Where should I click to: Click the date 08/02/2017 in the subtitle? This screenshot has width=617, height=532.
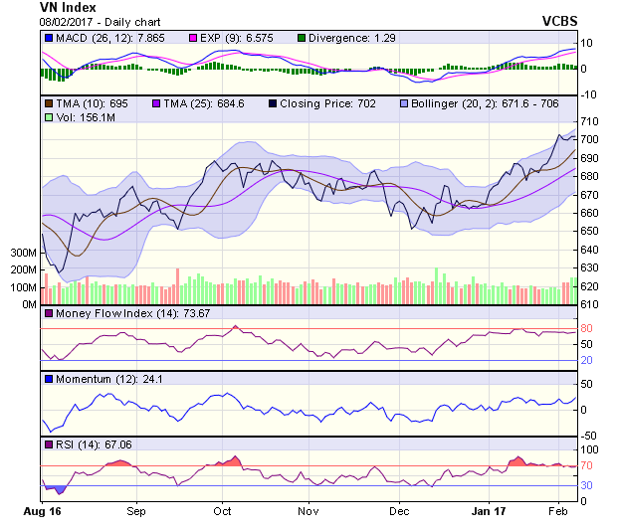coord(69,21)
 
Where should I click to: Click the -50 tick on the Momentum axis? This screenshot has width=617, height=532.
coord(589,436)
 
